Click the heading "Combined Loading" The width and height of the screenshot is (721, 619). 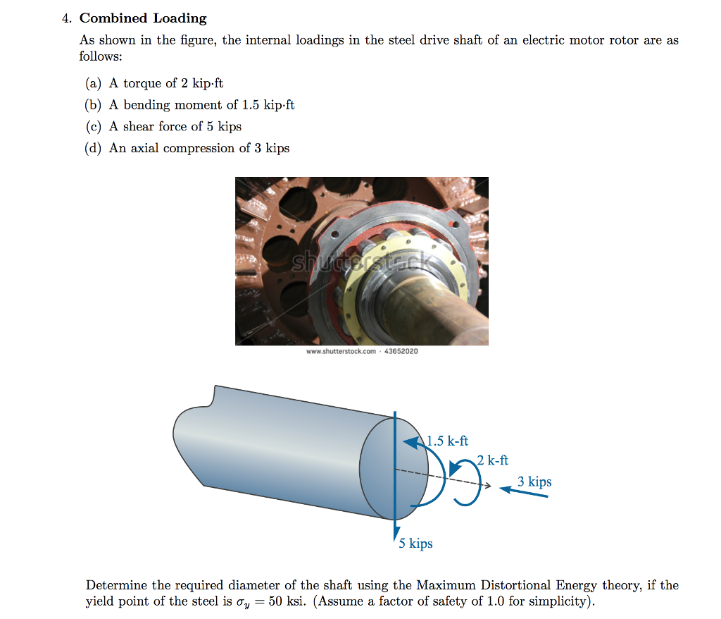[143, 18]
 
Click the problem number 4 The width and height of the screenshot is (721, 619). [65, 18]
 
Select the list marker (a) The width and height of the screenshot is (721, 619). [93, 83]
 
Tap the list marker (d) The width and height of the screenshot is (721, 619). [93, 148]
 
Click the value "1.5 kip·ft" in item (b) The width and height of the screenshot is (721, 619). [268, 105]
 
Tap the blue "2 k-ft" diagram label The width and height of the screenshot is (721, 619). [492, 460]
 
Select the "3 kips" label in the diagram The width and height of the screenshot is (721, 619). [534, 482]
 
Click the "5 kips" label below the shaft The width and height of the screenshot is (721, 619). [415, 544]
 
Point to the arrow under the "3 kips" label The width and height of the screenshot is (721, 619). [524, 492]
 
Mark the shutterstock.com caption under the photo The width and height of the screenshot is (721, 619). [362, 351]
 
